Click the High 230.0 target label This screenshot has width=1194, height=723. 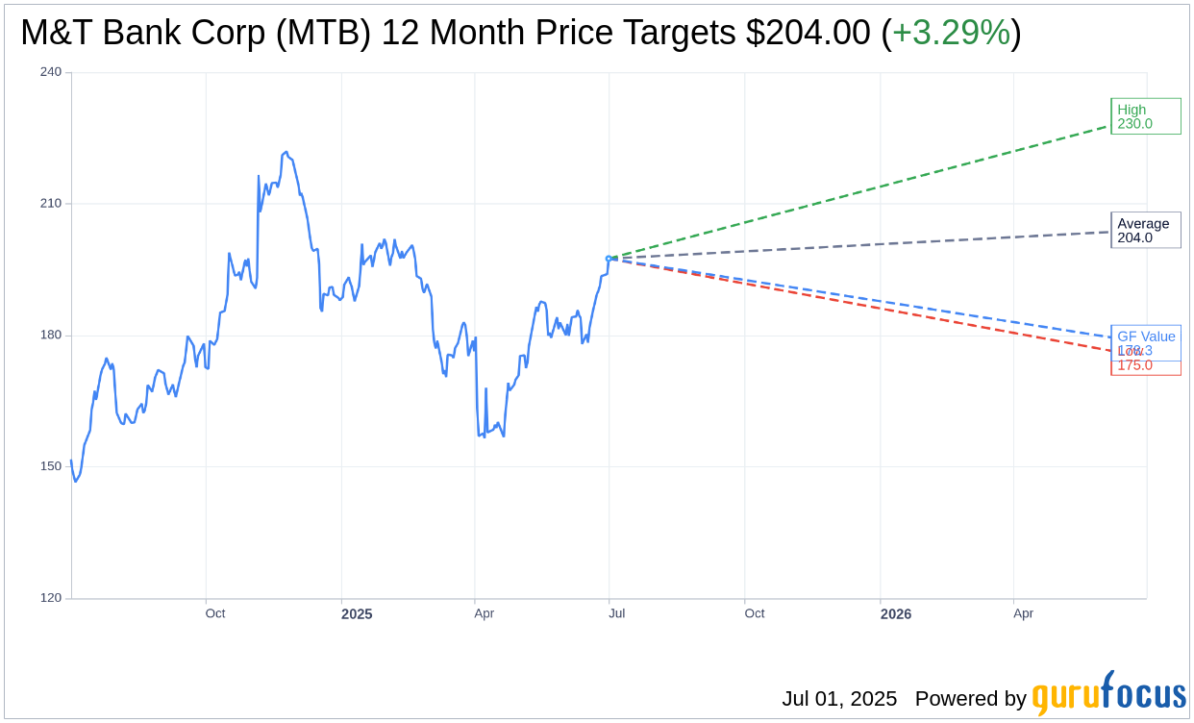tap(1145, 116)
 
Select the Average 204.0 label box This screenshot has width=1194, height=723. tap(1145, 231)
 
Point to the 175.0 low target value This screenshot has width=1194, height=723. tap(1135, 365)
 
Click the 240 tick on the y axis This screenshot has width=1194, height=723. tap(51, 72)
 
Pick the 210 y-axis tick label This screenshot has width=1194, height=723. tap(51, 204)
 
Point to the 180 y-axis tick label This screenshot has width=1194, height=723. tap(51, 336)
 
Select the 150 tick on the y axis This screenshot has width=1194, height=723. tap(51, 466)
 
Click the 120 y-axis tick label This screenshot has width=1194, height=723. tap(51, 598)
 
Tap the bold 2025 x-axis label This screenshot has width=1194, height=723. tap(357, 613)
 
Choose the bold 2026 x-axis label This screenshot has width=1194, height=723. tap(896, 613)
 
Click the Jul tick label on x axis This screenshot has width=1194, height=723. tap(616, 613)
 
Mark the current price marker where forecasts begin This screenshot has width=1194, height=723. tap(609, 259)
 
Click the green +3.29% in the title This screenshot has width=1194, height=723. tap(951, 33)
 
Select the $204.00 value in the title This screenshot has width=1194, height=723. tap(808, 33)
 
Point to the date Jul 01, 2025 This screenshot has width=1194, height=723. tap(839, 699)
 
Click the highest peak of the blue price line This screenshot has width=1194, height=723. tap(286, 152)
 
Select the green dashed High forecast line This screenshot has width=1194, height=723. tap(865, 190)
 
